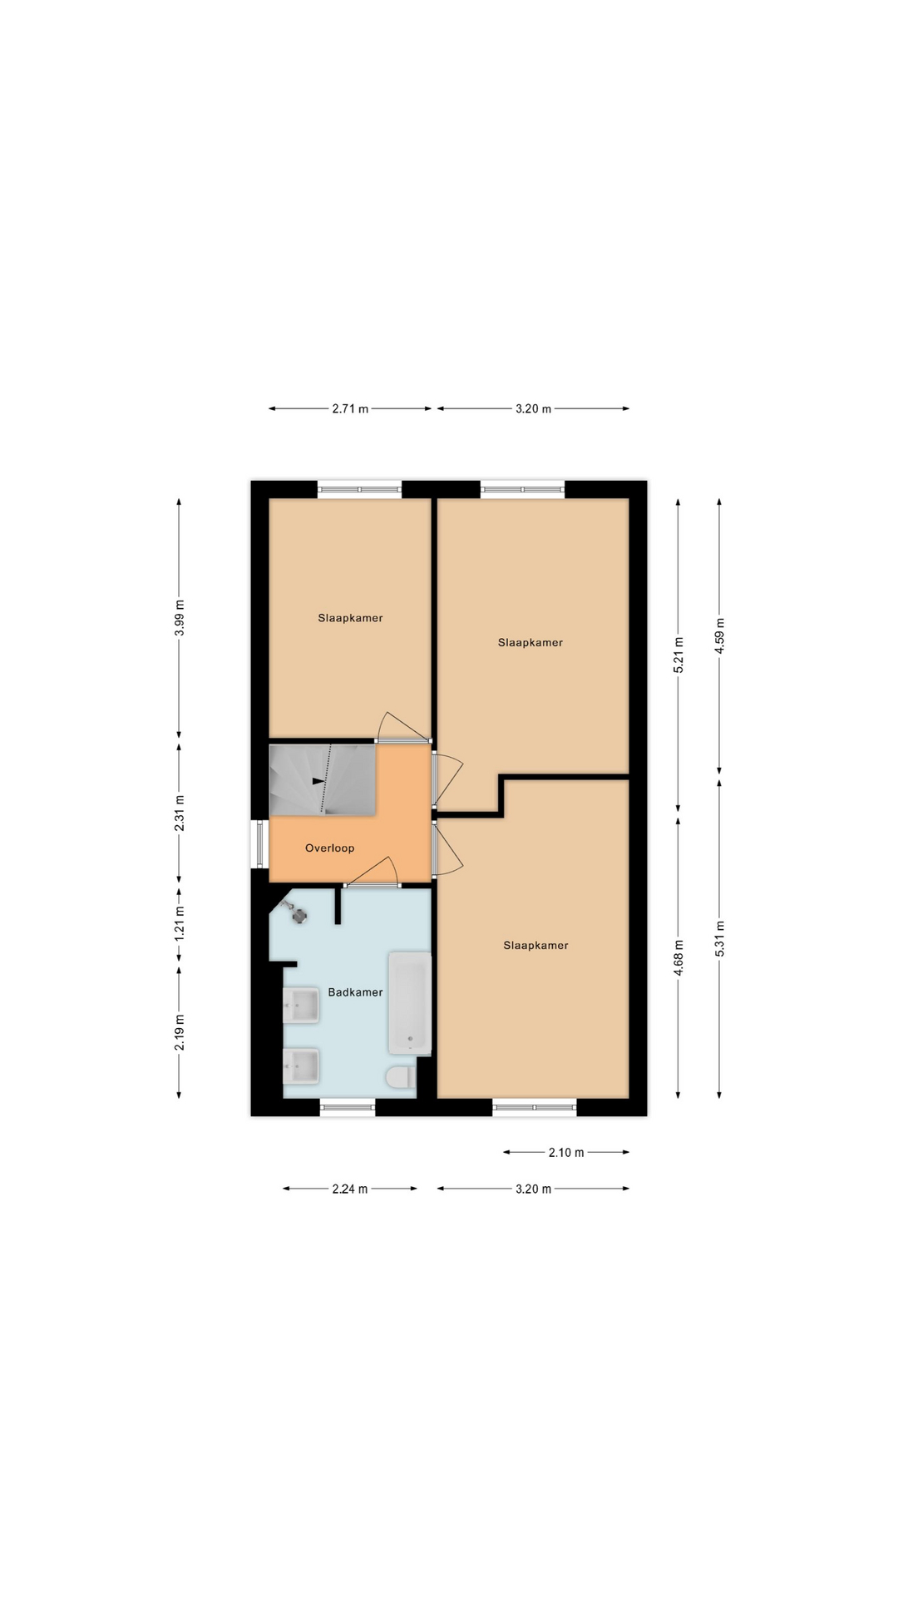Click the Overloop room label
pos(329,848)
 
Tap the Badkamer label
pos(355,992)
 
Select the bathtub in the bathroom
pos(410,1004)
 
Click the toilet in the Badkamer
pos(401,1077)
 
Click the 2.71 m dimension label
pos(350,409)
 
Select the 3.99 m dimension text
pos(180,618)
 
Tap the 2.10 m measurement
pos(566,1153)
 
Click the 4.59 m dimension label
pos(720,636)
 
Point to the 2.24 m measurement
pos(350,1189)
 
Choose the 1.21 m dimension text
pos(180,923)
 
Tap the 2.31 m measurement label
pos(180,813)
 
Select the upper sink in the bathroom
pos(301,1005)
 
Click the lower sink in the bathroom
pos(301,1065)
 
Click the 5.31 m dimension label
pos(720,939)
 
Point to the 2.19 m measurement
pos(180,1032)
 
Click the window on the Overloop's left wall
pos(259,844)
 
